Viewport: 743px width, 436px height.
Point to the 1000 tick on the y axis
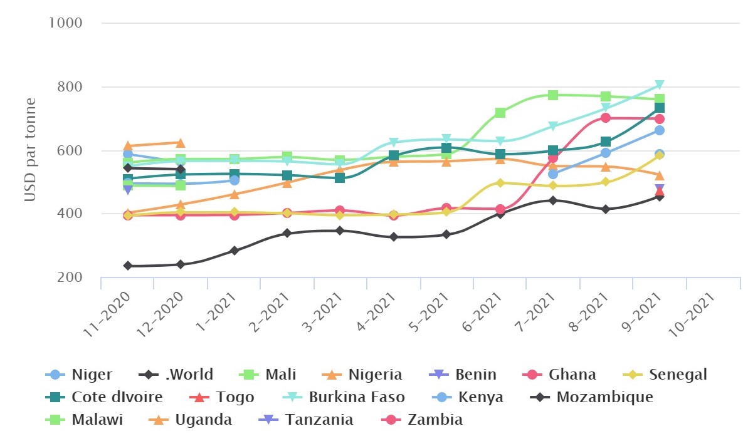tap(66, 23)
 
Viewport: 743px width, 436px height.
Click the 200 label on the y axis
tap(70, 278)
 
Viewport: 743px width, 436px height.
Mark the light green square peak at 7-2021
tap(553, 95)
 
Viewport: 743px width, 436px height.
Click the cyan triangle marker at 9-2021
tap(660, 85)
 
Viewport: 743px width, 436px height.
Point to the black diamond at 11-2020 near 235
tap(128, 266)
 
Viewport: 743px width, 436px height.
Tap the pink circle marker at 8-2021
tap(606, 118)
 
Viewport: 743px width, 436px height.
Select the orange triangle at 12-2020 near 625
tap(181, 143)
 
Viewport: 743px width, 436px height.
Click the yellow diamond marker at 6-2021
tap(500, 183)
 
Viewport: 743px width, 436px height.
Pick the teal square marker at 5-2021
tap(446, 148)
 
